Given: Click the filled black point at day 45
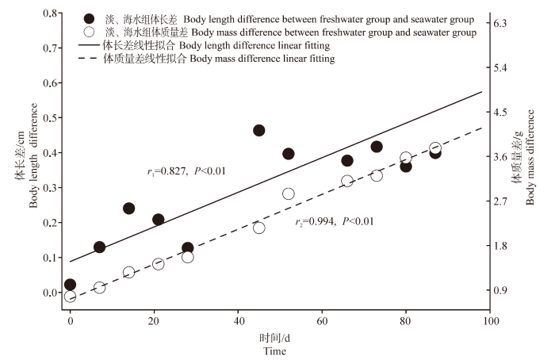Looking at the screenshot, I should pos(258,130).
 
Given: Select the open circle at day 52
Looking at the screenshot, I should pos(289,193).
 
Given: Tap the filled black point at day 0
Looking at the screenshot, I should pos(70,285).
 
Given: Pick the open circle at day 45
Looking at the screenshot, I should pos(258,228).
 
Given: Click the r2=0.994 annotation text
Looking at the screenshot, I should pos(334,221).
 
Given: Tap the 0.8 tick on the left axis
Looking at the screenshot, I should pos(52,13).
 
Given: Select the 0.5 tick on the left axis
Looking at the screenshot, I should pos(52,117).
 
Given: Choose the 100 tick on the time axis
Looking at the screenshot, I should pos(490,321).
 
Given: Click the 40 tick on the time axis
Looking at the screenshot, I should pos(238,321).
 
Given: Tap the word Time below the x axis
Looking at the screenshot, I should pos(275,351).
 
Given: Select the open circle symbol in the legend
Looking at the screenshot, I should pos(90,33).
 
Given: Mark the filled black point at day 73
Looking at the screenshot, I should pos(377,147).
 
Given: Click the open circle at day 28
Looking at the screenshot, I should pos(188,257).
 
